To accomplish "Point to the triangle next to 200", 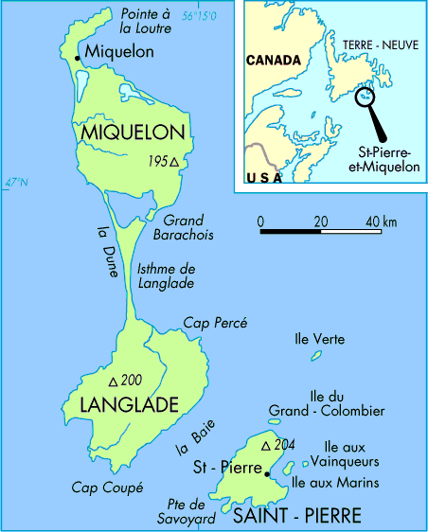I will tap(114, 381).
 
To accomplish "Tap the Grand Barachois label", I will tap(182, 229).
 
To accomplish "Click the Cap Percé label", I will tap(215, 323).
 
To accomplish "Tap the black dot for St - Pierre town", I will tap(268, 473).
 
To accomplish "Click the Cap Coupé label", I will tap(107, 488).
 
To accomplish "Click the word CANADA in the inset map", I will tap(273, 60).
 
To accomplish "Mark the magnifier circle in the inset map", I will tap(364, 95).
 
